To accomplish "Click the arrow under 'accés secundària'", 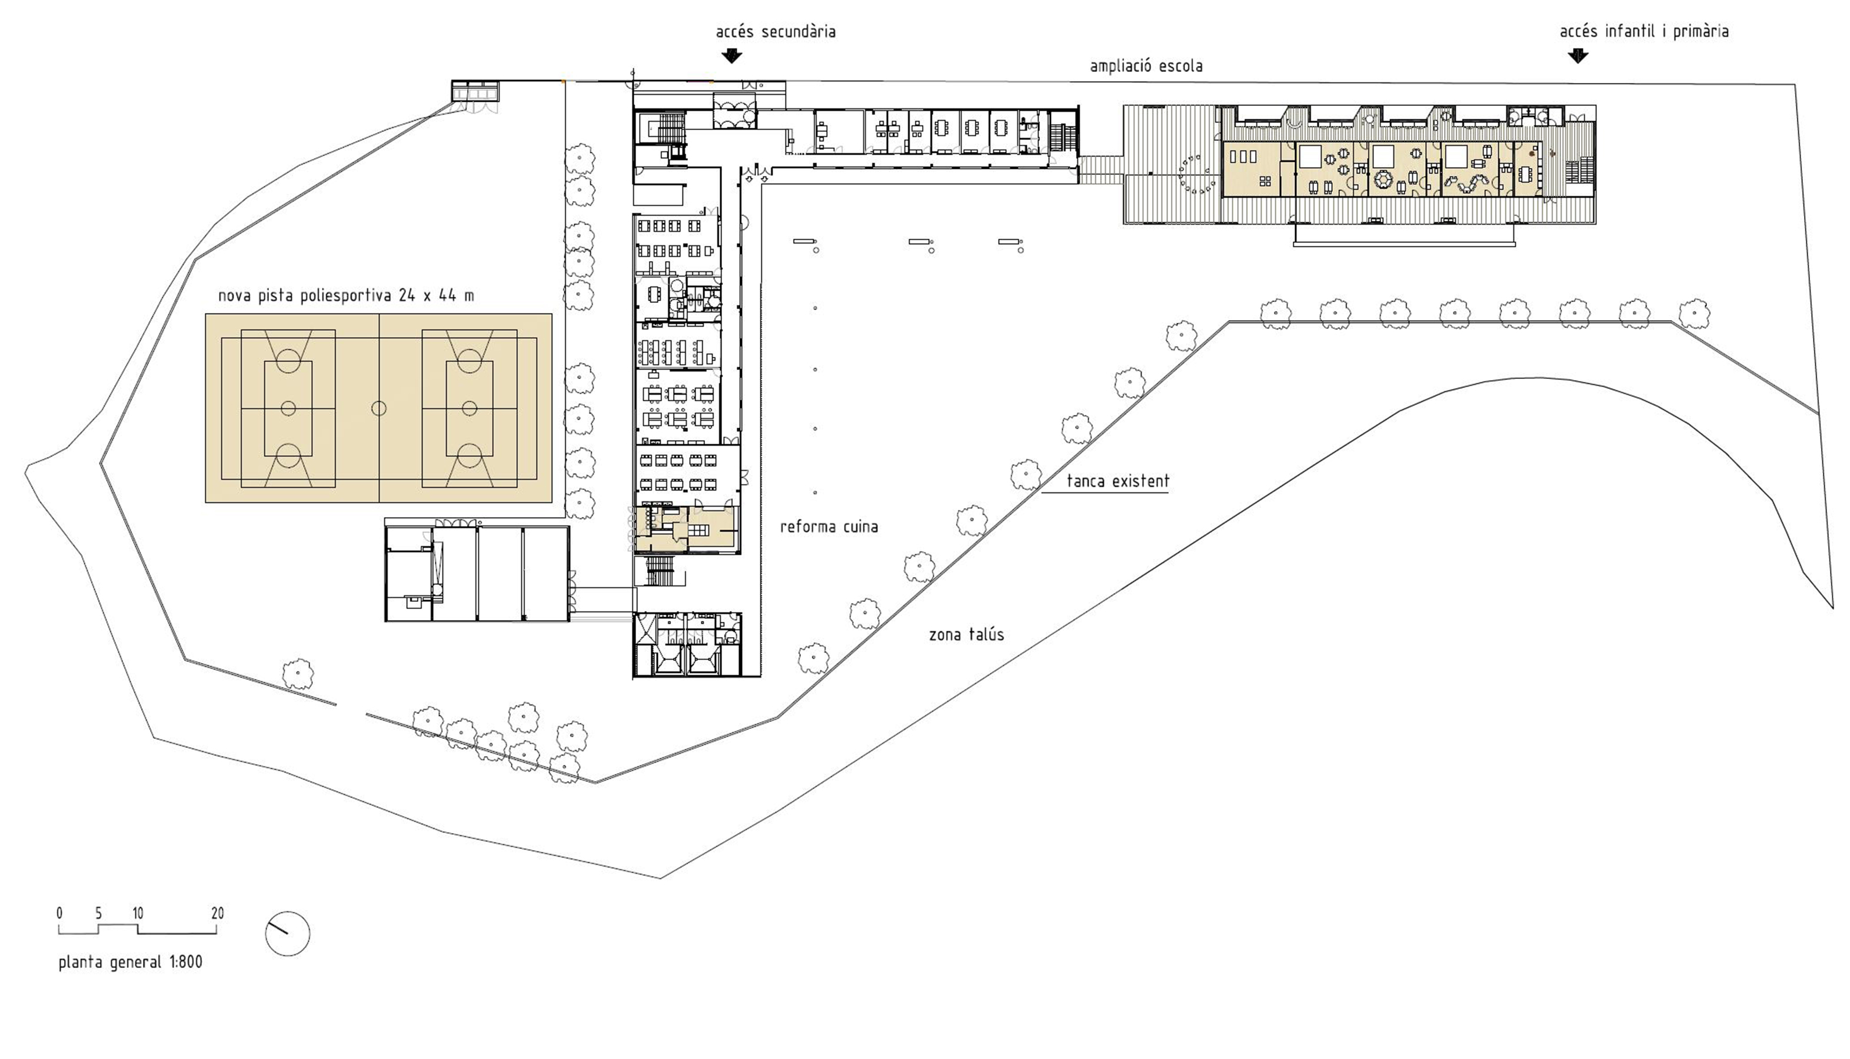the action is tap(731, 56).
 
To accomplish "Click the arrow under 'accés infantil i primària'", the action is tap(1578, 56).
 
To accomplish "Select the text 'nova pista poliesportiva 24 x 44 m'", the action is tap(346, 295).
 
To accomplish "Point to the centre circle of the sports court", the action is tap(379, 408).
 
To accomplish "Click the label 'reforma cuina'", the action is tap(829, 526).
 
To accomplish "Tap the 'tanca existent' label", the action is tap(1118, 481).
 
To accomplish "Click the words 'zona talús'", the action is tap(966, 634).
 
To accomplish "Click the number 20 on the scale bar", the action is tap(218, 914).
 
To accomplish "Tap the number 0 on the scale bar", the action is tap(59, 914).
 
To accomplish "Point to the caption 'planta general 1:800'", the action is tap(130, 963).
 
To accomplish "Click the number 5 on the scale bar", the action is tap(99, 914).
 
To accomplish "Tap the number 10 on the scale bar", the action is tap(138, 914).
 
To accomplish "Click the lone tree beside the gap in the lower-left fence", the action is tap(297, 674).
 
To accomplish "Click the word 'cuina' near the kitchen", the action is tap(860, 526).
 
